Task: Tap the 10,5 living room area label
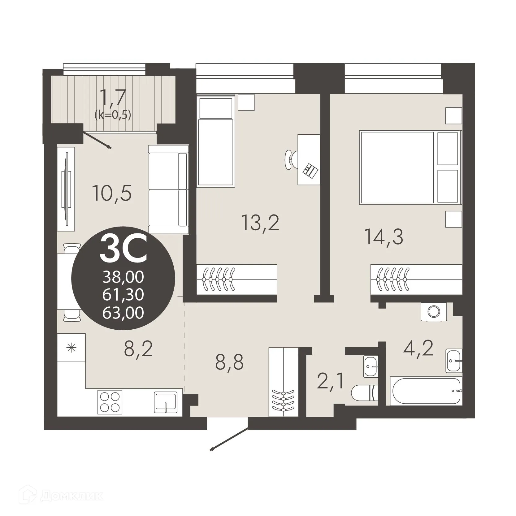[x=112, y=193]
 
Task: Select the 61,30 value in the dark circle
[x=123, y=294]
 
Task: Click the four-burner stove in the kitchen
[x=110, y=402]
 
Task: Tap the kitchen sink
[x=166, y=402]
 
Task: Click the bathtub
[x=426, y=390]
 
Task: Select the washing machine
[x=434, y=312]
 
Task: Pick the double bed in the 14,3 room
[x=410, y=167]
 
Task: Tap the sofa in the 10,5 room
[x=168, y=189]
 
